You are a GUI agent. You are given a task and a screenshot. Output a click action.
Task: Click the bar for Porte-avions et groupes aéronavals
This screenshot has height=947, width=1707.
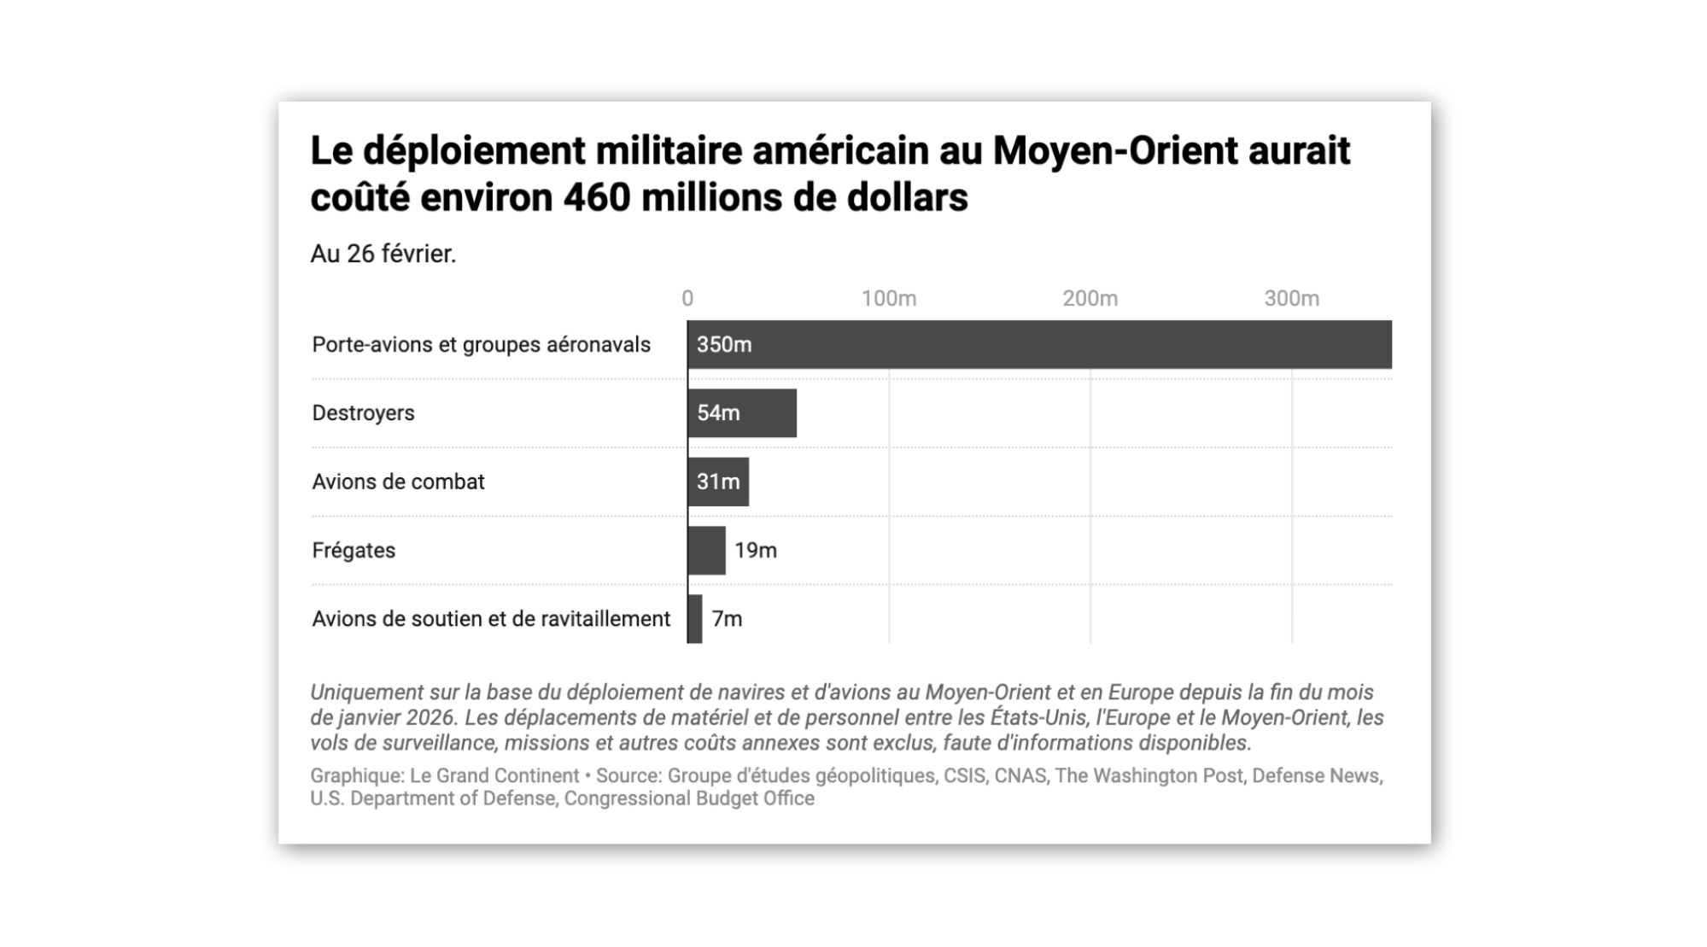pyautogui.click(x=1039, y=344)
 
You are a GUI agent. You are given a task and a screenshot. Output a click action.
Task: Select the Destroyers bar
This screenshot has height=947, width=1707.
pyautogui.click(x=742, y=413)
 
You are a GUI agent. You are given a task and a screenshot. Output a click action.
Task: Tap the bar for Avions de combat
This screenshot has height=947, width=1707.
pyautogui.click(x=718, y=482)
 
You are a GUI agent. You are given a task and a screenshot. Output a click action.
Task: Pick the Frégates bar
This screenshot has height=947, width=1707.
pyautogui.click(x=707, y=550)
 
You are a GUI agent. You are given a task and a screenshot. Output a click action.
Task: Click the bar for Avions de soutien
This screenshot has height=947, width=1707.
pyautogui.click(x=695, y=618)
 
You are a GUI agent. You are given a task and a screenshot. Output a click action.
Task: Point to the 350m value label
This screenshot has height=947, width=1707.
pyautogui.click(x=724, y=344)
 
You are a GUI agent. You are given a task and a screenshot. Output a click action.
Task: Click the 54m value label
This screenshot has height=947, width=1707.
pyautogui.click(x=718, y=413)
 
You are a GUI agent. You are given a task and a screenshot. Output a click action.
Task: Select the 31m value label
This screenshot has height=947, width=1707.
pyautogui.click(x=718, y=482)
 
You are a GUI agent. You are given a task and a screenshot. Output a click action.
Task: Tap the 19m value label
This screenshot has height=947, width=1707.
pyautogui.click(x=756, y=550)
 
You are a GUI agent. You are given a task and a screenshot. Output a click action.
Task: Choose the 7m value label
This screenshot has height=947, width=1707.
pyautogui.click(x=727, y=618)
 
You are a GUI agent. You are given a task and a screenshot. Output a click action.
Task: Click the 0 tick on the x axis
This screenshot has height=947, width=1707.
pyautogui.click(x=687, y=298)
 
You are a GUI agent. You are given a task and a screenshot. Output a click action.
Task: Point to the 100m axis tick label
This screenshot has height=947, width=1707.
pyautogui.click(x=888, y=298)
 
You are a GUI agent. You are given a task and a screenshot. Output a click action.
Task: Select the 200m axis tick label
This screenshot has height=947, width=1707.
pyautogui.click(x=1090, y=298)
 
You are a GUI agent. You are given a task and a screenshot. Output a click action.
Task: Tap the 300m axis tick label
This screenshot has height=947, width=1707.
pyautogui.click(x=1291, y=298)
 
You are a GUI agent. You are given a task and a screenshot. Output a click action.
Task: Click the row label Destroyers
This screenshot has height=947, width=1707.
pyautogui.click(x=363, y=413)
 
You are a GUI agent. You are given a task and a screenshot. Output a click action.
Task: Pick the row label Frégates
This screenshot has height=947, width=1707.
pyautogui.click(x=354, y=550)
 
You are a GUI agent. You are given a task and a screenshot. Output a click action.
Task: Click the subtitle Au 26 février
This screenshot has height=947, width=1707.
pyautogui.click(x=383, y=254)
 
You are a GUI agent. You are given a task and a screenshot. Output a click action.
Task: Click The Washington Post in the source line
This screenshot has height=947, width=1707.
pyautogui.click(x=1149, y=775)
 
